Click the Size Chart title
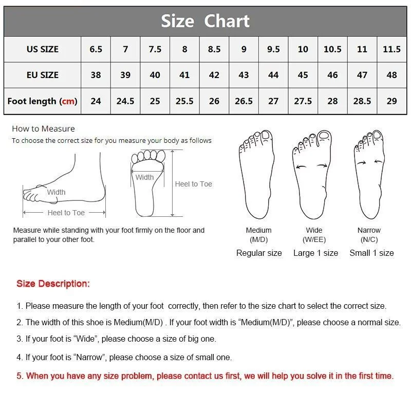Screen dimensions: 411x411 tap(205, 21)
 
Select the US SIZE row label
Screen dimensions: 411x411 tap(43, 49)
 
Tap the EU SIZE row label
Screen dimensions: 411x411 tap(43, 75)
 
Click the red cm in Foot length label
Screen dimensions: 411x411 tap(68, 101)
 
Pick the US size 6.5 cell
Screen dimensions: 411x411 tap(96, 49)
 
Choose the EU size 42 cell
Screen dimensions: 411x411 tap(214, 75)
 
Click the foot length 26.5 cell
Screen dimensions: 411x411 tap(244, 101)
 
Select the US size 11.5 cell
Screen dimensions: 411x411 tap(391, 49)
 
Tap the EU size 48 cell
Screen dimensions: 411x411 tap(391, 75)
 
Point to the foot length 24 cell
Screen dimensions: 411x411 tap(96, 101)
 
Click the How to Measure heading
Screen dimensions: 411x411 tap(43, 129)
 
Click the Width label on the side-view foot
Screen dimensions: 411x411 tap(56, 192)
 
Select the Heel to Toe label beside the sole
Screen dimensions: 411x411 tap(193, 184)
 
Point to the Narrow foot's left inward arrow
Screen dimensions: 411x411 tap(362, 162)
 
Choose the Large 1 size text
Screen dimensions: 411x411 tap(315, 253)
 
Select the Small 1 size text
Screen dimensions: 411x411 tap(371, 253)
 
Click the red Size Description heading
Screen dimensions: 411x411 tap(53, 284)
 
